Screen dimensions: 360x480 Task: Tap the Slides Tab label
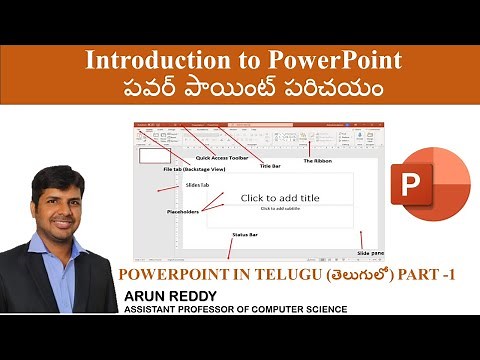pos(197,185)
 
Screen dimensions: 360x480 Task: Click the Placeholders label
pos(186,211)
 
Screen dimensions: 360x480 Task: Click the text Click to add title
pos(280,198)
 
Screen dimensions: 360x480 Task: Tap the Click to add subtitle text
pos(280,209)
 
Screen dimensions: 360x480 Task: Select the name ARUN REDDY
pos(168,296)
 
